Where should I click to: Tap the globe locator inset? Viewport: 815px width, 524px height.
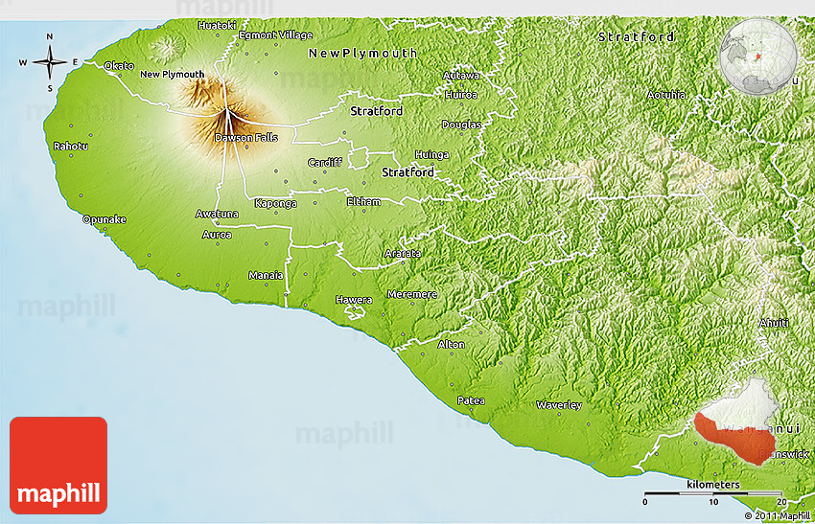click(x=758, y=57)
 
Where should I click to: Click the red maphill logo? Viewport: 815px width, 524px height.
click(x=58, y=466)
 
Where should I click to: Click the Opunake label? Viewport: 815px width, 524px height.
click(x=105, y=219)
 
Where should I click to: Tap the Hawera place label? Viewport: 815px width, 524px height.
click(x=353, y=300)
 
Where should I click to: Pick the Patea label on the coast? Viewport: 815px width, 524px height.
click(x=471, y=400)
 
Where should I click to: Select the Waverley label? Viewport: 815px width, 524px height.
click(x=558, y=405)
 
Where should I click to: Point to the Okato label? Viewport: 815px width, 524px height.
click(x=120, y=65)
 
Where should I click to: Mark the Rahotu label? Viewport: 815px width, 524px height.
click(x=71, y=147)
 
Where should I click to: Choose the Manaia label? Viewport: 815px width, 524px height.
click(x=266, y=275)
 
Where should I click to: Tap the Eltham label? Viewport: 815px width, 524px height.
click(x=363, y=202)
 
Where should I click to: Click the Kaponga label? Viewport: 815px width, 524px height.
click(x=275, y=203)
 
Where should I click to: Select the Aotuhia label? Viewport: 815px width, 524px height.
click(x=665, y=95)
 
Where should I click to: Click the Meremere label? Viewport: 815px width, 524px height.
click(x=411, y=294)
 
